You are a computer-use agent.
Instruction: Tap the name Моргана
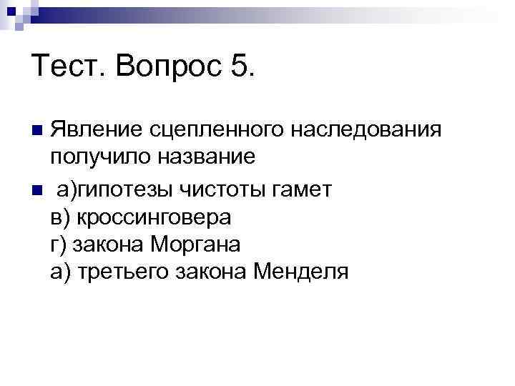pos(197,244)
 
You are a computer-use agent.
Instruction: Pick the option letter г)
pos(58,244)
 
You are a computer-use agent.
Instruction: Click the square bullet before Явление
pos(38,130)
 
